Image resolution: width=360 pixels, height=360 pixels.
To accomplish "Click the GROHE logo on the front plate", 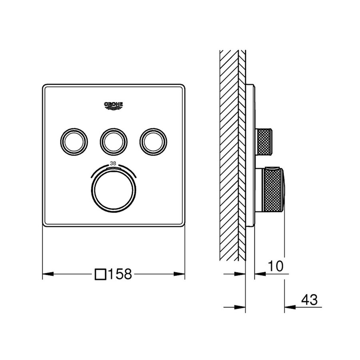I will tap(114, 105).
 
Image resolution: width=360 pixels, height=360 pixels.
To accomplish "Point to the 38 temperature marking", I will tap(113, 163).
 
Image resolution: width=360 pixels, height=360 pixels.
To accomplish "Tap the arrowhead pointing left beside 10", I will tap(260, 274).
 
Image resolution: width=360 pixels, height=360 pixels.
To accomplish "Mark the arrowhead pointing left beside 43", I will tap(289, 307).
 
